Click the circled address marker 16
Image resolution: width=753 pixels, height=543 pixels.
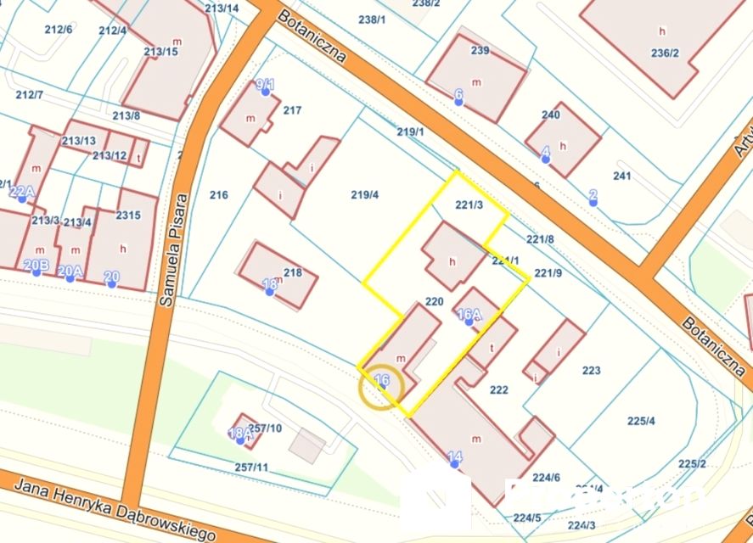(x=381, y=389)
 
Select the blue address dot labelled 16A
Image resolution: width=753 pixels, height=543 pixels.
(x=469, y=322)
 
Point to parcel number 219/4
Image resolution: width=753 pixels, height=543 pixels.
(x=364, y=194)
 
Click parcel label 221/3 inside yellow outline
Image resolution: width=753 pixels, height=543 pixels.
(x=469, y=204)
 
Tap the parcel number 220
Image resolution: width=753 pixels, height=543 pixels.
(x=434, y=301)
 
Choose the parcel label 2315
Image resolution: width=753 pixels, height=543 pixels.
(x=128, y=216)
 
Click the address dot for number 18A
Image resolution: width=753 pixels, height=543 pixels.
(x=240, y=440)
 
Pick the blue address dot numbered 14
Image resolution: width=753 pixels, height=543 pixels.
(x=455, y=464)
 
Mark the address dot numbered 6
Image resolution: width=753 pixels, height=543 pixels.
(x=459, y=101)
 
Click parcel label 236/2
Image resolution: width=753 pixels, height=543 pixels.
(x=665, y=53)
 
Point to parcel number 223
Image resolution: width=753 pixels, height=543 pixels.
(x=592, y=370)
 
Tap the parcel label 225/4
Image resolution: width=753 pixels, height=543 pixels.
(x=641, y=421)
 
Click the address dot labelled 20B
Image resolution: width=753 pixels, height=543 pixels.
(x=37, y=273)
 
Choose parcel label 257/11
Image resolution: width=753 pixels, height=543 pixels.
(x=251, y=467)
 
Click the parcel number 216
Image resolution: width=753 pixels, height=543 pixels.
(x=219, y=195)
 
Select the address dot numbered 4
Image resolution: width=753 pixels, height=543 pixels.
(x=545, y=158)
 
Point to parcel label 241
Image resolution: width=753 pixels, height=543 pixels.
(x=622, y=176)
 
